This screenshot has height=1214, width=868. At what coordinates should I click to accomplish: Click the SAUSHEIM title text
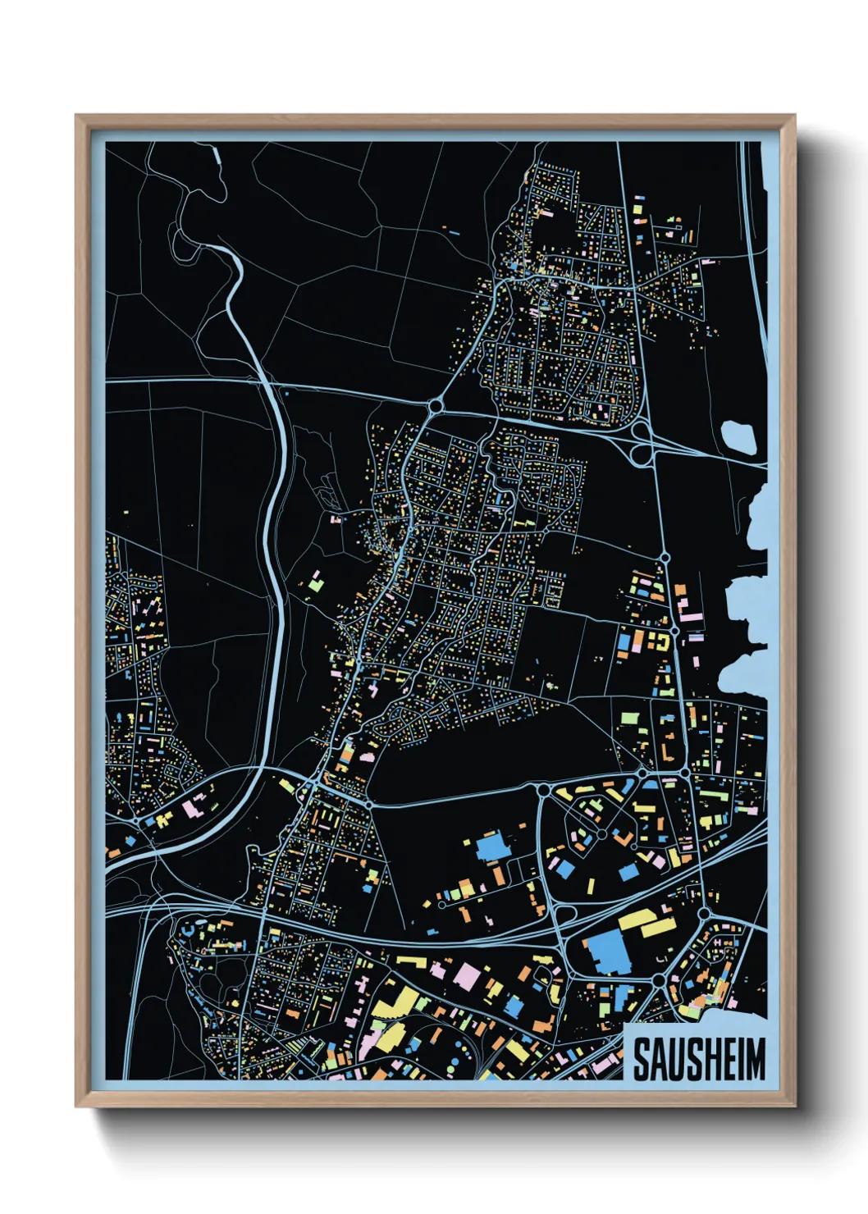pos(698,1059)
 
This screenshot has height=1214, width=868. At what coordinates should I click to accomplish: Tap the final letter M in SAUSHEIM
pos(755,1059)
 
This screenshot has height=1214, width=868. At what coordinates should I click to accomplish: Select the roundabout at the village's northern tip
pos(436,405)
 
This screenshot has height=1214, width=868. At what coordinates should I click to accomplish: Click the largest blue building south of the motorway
pos(609,952)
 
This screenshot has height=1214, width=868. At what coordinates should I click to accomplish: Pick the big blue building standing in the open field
pos(492,846)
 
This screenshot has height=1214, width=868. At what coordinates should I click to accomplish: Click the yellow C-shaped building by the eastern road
pos(658,641)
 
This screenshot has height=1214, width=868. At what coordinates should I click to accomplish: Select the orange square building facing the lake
pos(680,590)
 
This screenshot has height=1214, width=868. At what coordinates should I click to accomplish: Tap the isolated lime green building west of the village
pos(315,583)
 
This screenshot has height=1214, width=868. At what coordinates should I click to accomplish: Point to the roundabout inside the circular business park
pos(602,833)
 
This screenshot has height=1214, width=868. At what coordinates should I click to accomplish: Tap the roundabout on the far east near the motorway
pos(704,913)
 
